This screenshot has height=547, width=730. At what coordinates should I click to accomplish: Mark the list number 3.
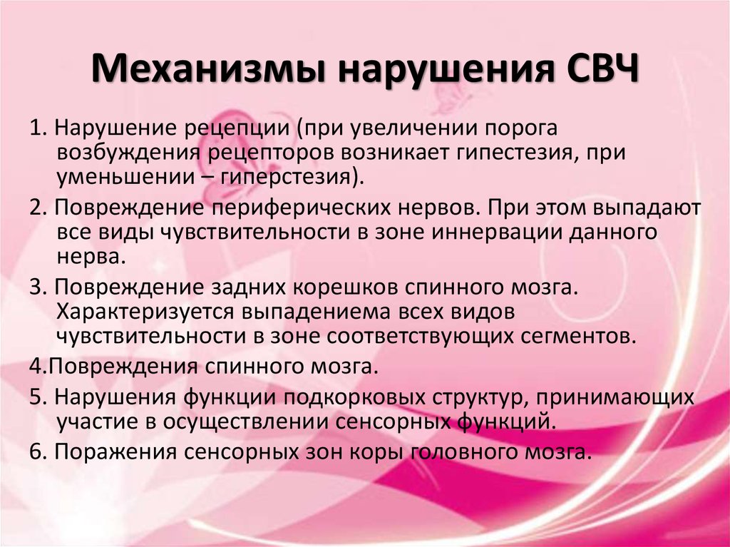click(37, 287)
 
